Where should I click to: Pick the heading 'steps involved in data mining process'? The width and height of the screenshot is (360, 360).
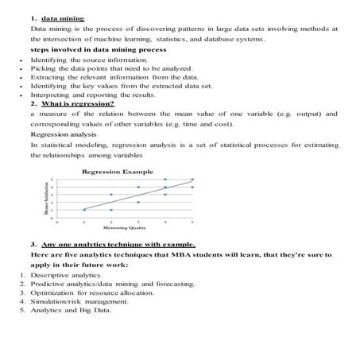[x=98, y=49]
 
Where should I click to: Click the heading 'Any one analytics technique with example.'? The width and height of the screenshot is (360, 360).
[x=120, y=244]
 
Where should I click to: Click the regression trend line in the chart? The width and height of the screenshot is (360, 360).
[x=138, y=195]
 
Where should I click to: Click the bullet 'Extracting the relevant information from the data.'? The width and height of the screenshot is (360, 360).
[x=111, y=78]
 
